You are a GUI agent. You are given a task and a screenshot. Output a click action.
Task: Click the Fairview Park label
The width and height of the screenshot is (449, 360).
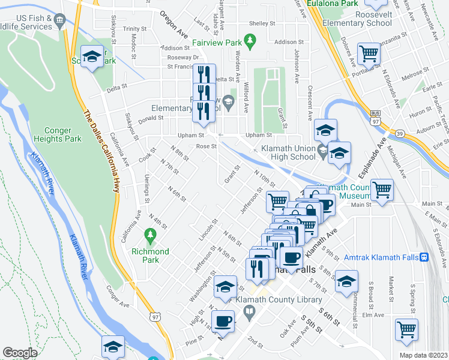tap(218, 43)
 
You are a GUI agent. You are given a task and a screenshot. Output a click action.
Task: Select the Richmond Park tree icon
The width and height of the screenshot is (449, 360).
tap(150, 233)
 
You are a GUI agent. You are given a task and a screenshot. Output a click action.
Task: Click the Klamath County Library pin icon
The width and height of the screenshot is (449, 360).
tap(250, 310)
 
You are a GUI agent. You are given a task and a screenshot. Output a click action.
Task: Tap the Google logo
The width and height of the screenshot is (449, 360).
tap(20, 353)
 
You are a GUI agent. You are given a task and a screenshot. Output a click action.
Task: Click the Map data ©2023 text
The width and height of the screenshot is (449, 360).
tap(423, 355)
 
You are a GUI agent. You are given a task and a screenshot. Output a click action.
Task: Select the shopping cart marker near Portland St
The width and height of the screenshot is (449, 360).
tap(369, 54)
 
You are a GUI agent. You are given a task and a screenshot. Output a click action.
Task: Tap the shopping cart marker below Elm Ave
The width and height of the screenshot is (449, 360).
tap(406, 329)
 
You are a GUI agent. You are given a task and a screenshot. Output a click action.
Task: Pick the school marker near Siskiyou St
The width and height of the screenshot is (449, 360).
tap(92, 57)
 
